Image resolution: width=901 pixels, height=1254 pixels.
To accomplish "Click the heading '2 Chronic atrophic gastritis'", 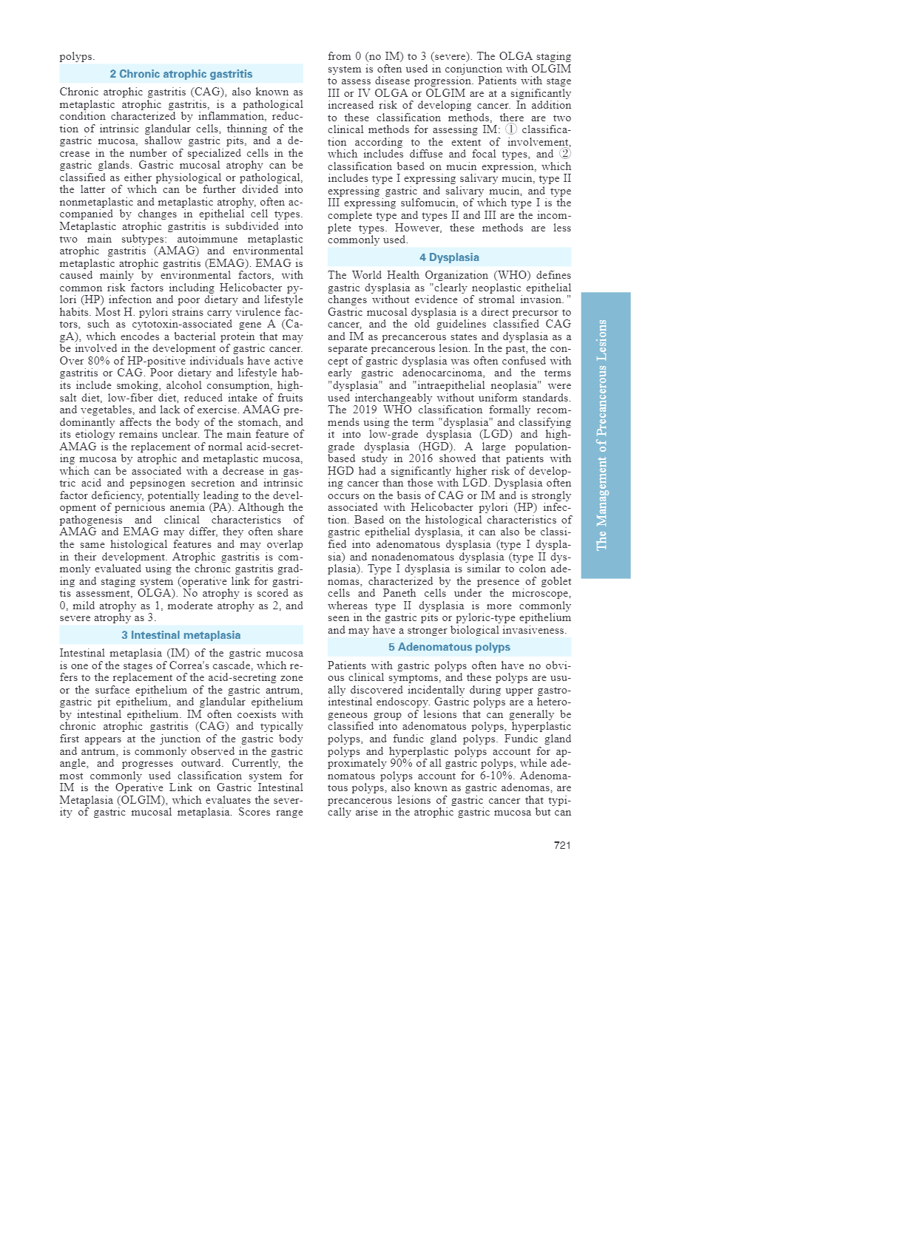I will [x=181, y=74].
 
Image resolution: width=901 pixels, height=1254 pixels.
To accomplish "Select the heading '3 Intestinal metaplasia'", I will [x=181, y=635].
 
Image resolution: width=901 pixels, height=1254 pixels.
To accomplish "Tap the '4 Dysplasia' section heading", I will [x=449, y=257].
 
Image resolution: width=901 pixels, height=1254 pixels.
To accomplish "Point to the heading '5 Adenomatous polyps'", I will [x=449, y=647].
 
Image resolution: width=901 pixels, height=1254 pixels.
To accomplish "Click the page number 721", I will [x=562, y=845].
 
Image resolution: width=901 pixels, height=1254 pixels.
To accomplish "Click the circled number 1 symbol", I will [x=511, y=129].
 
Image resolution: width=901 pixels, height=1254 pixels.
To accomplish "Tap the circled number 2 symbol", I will [x=565, y=154].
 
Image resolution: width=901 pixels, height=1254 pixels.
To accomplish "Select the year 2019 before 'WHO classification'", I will [x=365, y=410].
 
